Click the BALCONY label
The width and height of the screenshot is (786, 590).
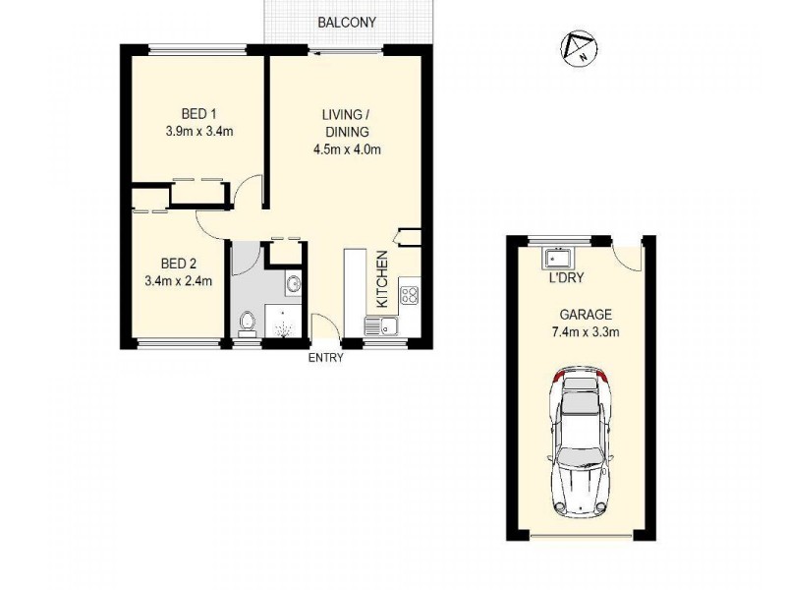[x=346, y=22]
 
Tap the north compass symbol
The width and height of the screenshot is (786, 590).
[x=579, y=47]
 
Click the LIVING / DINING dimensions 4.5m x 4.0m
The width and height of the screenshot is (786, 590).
[x=345, y=150]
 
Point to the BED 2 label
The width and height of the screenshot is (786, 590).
[x=178, y=264]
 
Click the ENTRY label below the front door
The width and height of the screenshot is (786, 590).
[x=326, y=358]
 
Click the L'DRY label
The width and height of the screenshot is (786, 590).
[x=567, y=278]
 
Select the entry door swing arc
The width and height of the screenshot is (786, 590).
[x=324, y=325]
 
